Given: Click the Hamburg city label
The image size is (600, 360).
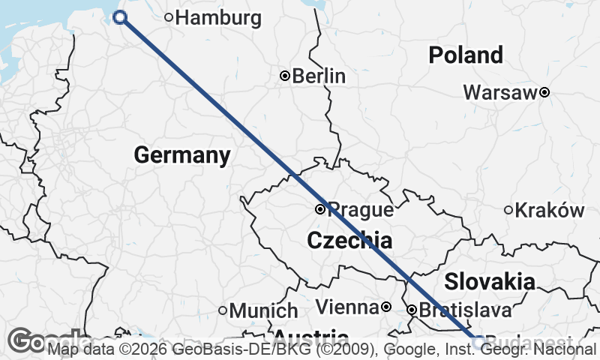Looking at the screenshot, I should (x=217, y=18).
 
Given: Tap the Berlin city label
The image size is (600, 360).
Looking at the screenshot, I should (x=319, y=76).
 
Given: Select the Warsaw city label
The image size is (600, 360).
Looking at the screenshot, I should (x=500, y=93).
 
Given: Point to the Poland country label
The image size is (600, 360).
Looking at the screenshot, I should (x=466, y=55).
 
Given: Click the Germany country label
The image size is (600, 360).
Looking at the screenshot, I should (x=182, y=155).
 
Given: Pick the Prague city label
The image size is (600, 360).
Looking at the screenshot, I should (x=361, y=210).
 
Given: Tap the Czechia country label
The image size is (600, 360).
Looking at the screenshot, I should (x=349, y=241).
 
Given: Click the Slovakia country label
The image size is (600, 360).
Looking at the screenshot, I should (x=490, y=282).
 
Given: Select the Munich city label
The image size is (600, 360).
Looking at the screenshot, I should (x=263, y=310).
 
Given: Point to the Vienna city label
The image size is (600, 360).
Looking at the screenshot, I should (x=346, y=307).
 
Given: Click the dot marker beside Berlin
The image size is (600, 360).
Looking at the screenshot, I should (x=285, y=76).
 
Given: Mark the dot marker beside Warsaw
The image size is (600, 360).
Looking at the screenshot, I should (x=544, y=93).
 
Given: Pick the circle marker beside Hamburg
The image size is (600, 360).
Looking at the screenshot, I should (x=169, y=18).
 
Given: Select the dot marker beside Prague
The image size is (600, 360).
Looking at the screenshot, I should (x=320, y=209).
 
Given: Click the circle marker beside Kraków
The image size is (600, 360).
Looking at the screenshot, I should (x=508, y=211).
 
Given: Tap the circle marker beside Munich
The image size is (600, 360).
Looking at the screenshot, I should (x=223, y=310).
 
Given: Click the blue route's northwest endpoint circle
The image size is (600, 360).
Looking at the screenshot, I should (x=120, y=18).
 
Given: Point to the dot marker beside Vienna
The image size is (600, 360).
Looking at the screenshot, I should (x=385, y=307).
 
